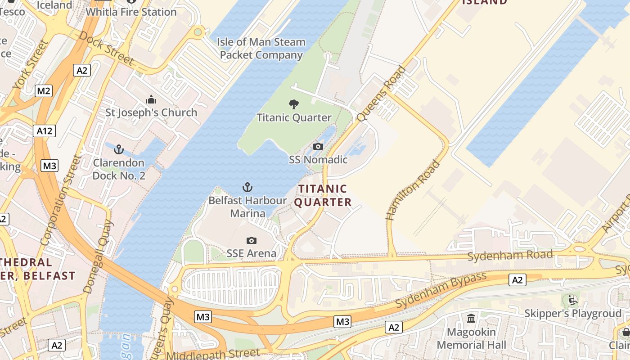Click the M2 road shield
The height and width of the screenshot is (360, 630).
(x=44, y=91)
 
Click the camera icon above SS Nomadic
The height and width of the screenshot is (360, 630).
(x=318, y=147)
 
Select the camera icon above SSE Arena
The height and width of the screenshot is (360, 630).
(x=252, y=241)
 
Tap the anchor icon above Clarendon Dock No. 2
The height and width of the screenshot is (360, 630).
(x=119, y=149)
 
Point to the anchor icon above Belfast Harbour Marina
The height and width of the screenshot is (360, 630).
(x=247, y=187)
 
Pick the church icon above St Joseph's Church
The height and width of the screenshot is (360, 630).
(x=151, y=99)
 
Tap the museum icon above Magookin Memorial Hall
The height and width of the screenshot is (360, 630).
(x=471, y=319)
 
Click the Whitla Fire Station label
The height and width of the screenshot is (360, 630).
(x=131, y=12)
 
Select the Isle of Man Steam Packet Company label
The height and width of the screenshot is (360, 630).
(x=261, y=49)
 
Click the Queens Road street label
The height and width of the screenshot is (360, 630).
(x=381, y=94)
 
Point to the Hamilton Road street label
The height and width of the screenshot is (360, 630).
(x=413, y=190)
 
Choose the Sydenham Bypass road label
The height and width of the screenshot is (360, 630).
(x=441, y=290)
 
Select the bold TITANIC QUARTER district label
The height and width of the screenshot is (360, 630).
(x=323, y=195)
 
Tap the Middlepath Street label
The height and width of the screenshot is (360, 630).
(x=213, y=355)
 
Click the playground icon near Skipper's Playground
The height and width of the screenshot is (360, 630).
(x=572, y=300)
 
